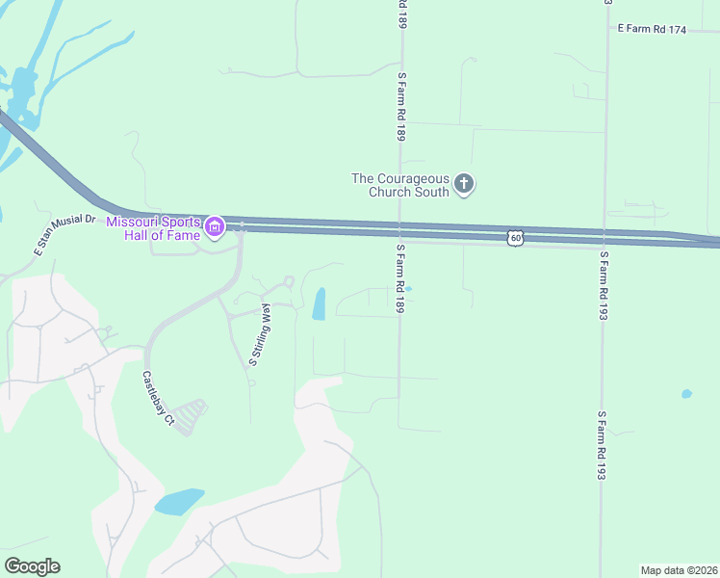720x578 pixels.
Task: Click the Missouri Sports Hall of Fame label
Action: pyautogui.click(x=153, y=227)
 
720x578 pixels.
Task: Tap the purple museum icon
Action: pyautogui.click(x=214, y=228)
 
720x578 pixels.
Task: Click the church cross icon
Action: pyautogui.click(x=464, y=183)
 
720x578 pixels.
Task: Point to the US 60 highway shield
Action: pyautogui.click(x=516, y=237)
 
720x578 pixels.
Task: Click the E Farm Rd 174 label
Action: pyautogui.click(x=652, y=30)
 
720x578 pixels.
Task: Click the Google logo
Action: pyautogui.click(x=32, y=566)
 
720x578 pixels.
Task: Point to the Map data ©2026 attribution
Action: pyautogui.click(x=678, y=569)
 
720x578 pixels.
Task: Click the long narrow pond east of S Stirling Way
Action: pyautogui.click(x=319, y=303)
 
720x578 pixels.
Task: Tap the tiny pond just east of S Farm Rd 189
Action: pyautogui.click(x=408, y=288)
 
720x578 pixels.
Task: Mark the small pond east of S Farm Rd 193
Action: pyautogui.click(x=685, y=394)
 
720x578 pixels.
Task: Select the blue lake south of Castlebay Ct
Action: pyautogui.click(x=179, y=501)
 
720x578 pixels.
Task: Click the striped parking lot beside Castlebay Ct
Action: pyautogui.click(x=193, y=415)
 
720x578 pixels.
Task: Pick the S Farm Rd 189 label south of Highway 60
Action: pyautogui.click(x=399, y=277)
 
